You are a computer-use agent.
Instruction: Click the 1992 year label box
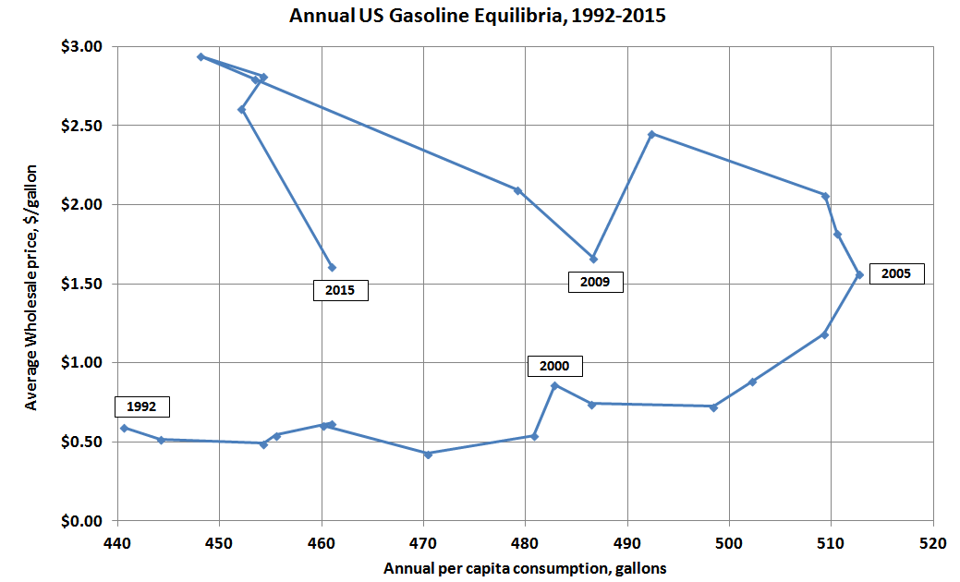click(142, 406)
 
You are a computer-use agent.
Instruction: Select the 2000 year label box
click(555, 366)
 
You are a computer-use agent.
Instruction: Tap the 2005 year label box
click(895, 273)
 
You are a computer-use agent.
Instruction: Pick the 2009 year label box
click(594, 282)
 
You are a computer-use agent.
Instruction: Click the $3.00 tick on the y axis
click(84, 46)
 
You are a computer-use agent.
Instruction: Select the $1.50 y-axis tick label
click(84, 284)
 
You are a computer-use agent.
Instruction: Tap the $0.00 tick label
click(84, 521)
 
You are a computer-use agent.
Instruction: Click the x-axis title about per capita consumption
click(525, 566)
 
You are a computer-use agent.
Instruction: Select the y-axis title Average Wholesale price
click(31, 287)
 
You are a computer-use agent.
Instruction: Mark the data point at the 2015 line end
click(332, 268)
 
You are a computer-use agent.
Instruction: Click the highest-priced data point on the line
click(201, 56)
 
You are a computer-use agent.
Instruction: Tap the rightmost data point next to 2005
click(859, 274)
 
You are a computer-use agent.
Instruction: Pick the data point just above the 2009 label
click(593, 259)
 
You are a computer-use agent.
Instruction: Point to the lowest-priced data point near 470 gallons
click(427, 454)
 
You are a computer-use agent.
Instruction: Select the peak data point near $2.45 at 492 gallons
click(651, 134)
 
